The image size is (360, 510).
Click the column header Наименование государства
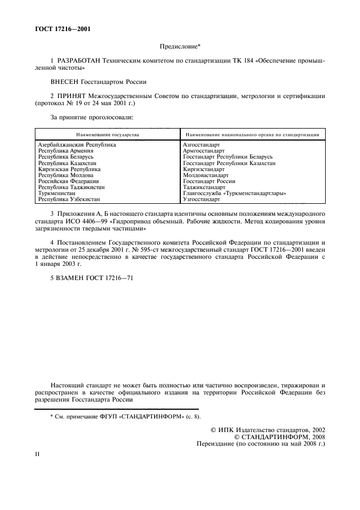click(x=108, y=133)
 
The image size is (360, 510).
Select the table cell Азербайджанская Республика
click(x=77, y=145)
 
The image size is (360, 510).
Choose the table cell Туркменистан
click(x=57, y=193)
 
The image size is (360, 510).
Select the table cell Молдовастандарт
click(x=206, y=175)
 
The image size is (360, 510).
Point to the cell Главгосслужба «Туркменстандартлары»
click(x=235, y=193)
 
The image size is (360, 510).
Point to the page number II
click(x=38, y=454)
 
